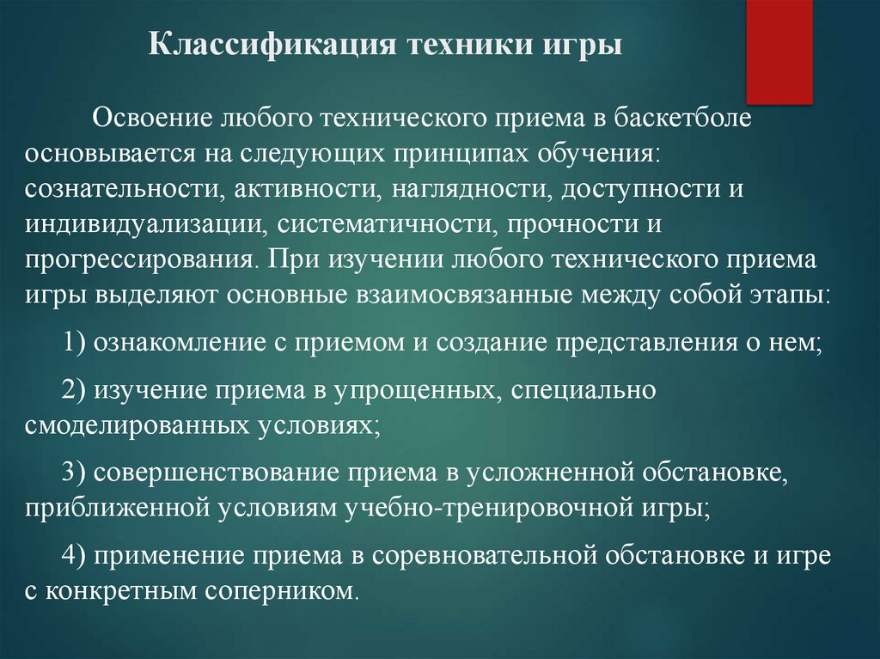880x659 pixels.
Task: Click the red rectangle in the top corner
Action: (779, 52)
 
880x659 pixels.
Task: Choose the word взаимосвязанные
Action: (465, 295)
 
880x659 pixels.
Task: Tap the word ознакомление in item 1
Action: (179, 343)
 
